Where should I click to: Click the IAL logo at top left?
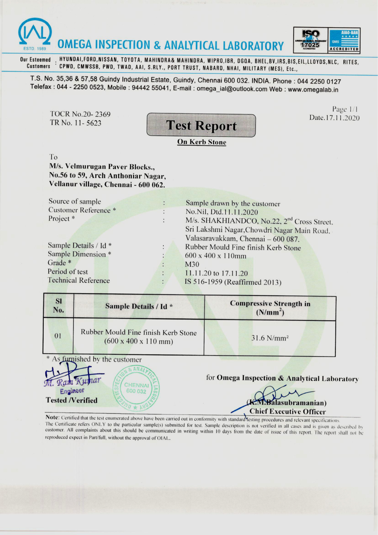[x=35, y=34]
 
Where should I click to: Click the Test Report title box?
[x=201, y=125]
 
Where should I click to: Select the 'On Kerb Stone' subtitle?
[x=202, y=142]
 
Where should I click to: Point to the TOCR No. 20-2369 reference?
[x=80, y=114]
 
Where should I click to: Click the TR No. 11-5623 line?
[x=75, y=123]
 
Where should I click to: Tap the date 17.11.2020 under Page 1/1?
[x=334, y=118]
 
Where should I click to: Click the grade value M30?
[x=192, y=264]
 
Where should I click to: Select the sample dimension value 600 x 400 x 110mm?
[x=215, y=256]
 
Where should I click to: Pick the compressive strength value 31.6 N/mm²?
[x=270, y=338]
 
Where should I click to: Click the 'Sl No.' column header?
[x=58, y=306]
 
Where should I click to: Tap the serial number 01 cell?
[x=58, y=336]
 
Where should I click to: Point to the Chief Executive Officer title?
[x=287, y=411]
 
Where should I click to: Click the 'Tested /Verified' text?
[x=72, y=400]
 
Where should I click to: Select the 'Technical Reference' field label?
[x=78, y=280]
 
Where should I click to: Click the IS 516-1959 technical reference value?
[x=233, y=282]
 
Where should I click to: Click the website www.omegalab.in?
[x=313, y=90]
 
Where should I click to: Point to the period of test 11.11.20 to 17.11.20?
[x=216, y=273]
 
